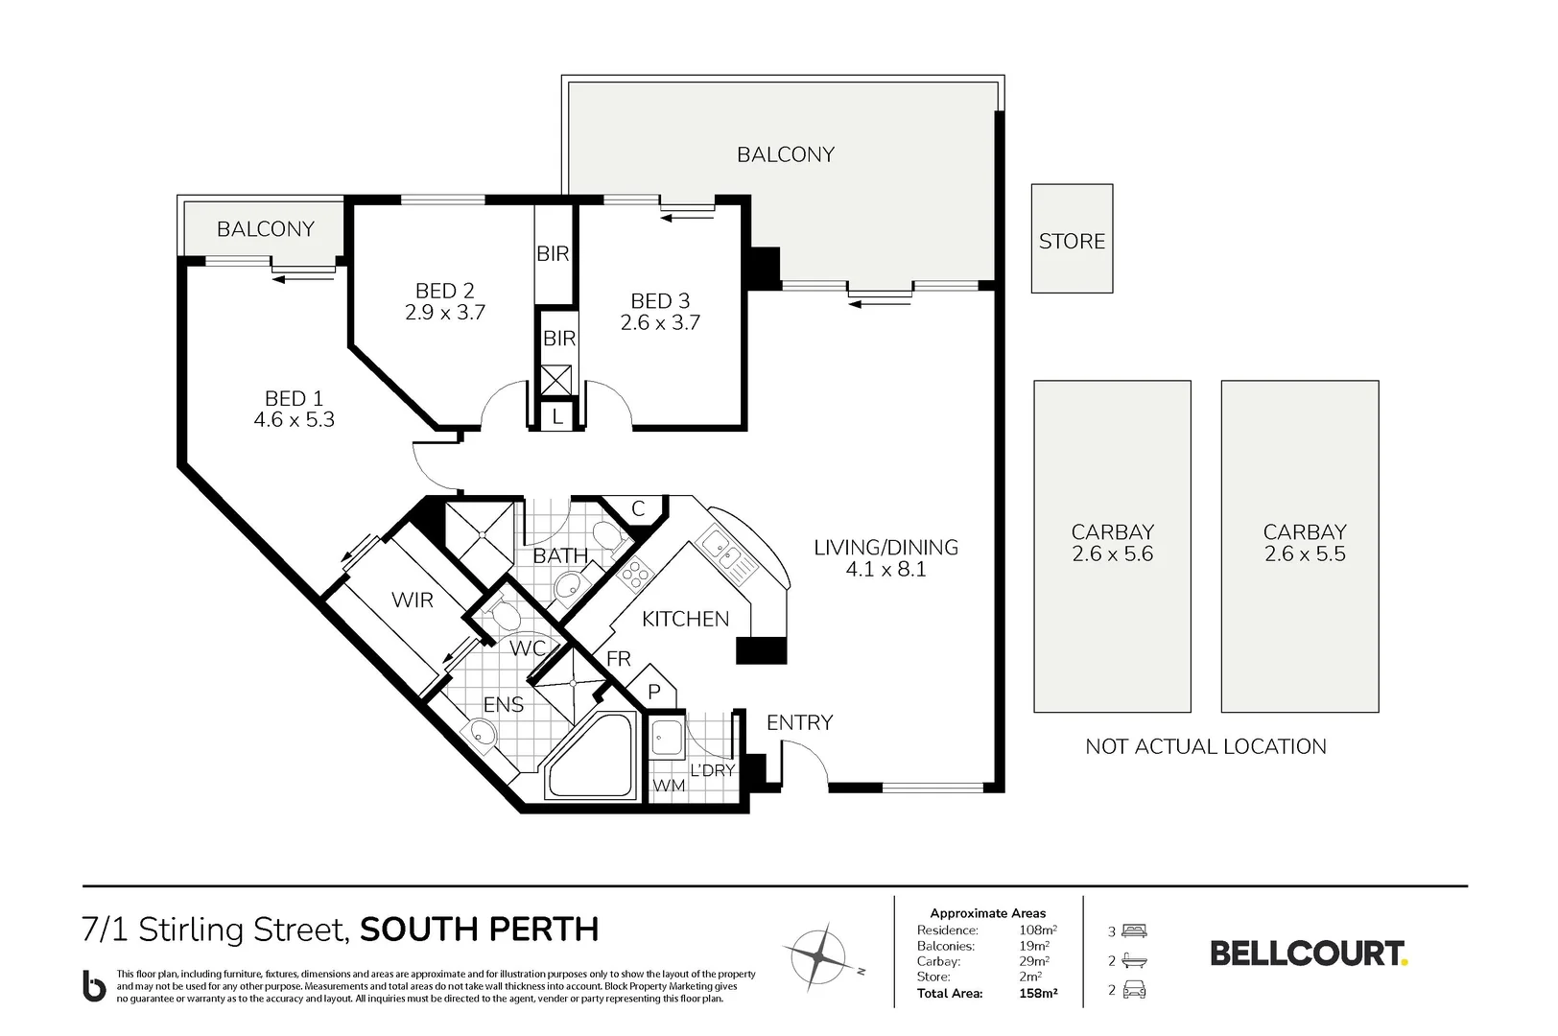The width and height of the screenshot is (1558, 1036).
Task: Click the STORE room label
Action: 1072,242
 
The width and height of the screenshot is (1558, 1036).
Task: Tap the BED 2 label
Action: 445,291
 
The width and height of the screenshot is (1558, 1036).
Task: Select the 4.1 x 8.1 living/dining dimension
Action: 886,570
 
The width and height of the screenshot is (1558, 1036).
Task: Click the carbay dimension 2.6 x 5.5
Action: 1305,554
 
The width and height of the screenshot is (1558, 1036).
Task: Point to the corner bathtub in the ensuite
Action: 592,757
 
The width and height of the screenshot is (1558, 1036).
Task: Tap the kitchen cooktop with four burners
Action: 635,575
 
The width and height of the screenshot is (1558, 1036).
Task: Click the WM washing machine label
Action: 669,786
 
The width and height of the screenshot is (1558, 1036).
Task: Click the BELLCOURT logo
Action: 1309,954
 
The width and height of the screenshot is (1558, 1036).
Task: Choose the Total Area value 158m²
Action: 1038,993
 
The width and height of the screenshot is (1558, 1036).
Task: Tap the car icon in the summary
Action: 1134,989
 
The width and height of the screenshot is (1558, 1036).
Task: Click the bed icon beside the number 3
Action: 1134,931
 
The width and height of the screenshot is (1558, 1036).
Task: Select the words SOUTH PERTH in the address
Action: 480,930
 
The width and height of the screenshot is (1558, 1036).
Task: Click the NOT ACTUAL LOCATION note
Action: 1206,746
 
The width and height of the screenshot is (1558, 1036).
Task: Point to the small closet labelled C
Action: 638,509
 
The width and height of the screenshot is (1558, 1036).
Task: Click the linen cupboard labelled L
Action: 557,416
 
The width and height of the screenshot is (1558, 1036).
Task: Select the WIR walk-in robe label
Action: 413,600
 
